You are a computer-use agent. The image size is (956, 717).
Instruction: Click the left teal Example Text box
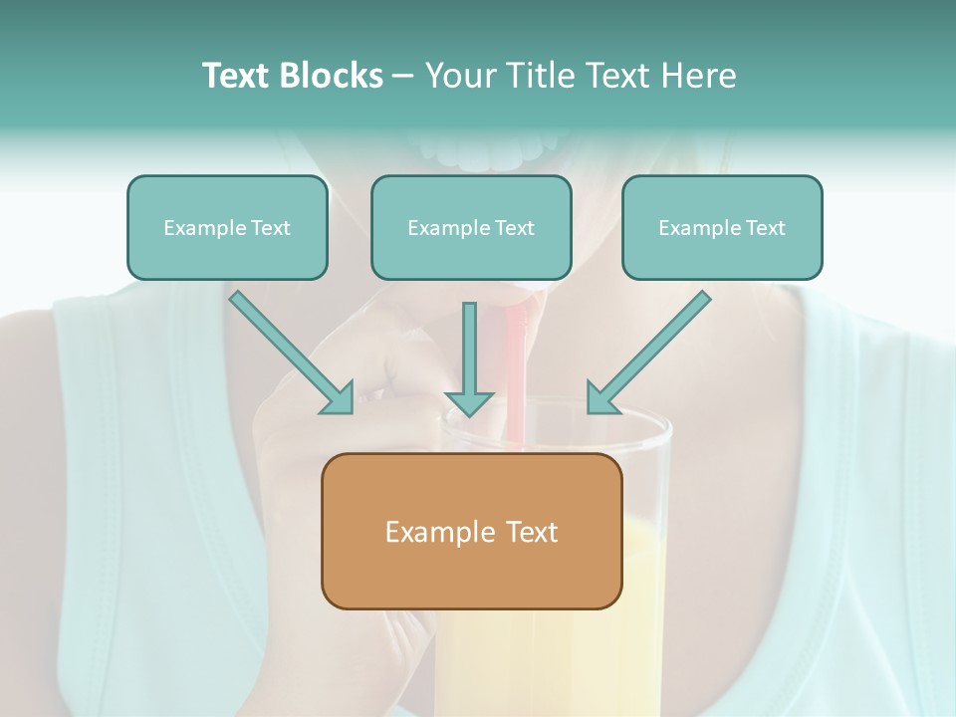227,227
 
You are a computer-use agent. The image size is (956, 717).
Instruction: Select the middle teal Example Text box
471,227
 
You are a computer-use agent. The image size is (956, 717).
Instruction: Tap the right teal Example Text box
722,227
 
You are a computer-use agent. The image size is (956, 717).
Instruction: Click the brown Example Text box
471,531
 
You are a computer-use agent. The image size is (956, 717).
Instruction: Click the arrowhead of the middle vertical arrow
469,403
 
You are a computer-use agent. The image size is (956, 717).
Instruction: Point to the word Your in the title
456,76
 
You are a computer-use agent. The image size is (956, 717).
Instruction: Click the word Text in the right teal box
765,228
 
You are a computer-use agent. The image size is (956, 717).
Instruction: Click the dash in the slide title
404,76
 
